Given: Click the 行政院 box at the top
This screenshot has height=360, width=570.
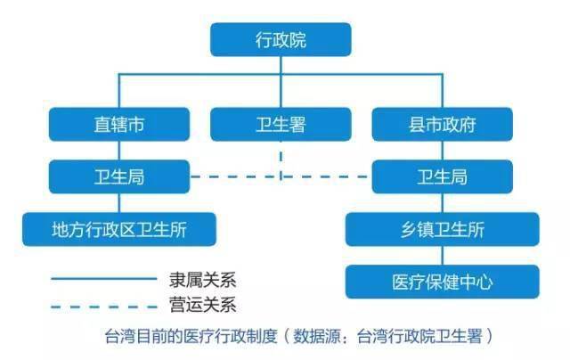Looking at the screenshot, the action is [281, 39].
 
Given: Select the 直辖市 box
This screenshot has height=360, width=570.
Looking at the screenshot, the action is [119, 125].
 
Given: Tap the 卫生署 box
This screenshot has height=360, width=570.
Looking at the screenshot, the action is [281, 125].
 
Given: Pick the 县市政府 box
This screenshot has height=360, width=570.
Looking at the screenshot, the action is [443, 125].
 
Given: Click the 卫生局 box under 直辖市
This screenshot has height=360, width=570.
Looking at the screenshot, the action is [119, 176].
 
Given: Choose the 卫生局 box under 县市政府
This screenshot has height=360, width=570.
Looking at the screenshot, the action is [443, 176].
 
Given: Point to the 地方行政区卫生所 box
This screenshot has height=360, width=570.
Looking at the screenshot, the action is [119, 229].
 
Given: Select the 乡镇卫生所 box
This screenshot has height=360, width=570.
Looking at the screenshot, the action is [443, 229].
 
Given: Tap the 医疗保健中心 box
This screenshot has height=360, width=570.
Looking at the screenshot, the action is [443, 282].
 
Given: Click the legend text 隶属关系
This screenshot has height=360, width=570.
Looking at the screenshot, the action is [203, 280].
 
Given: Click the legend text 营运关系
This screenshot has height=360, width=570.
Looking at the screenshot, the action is [203, 305].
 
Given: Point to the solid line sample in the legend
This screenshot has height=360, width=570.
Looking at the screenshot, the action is [104, 279].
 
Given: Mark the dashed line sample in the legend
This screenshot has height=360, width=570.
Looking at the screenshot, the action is [104, 307].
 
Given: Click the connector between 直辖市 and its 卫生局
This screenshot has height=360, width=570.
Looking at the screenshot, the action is [119, 151].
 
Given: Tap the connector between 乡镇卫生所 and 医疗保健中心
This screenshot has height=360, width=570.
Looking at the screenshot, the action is [443, 256].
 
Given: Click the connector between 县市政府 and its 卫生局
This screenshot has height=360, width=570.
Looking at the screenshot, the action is [443, 151].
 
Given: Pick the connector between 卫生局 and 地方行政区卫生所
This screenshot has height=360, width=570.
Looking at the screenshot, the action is [119, 203].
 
